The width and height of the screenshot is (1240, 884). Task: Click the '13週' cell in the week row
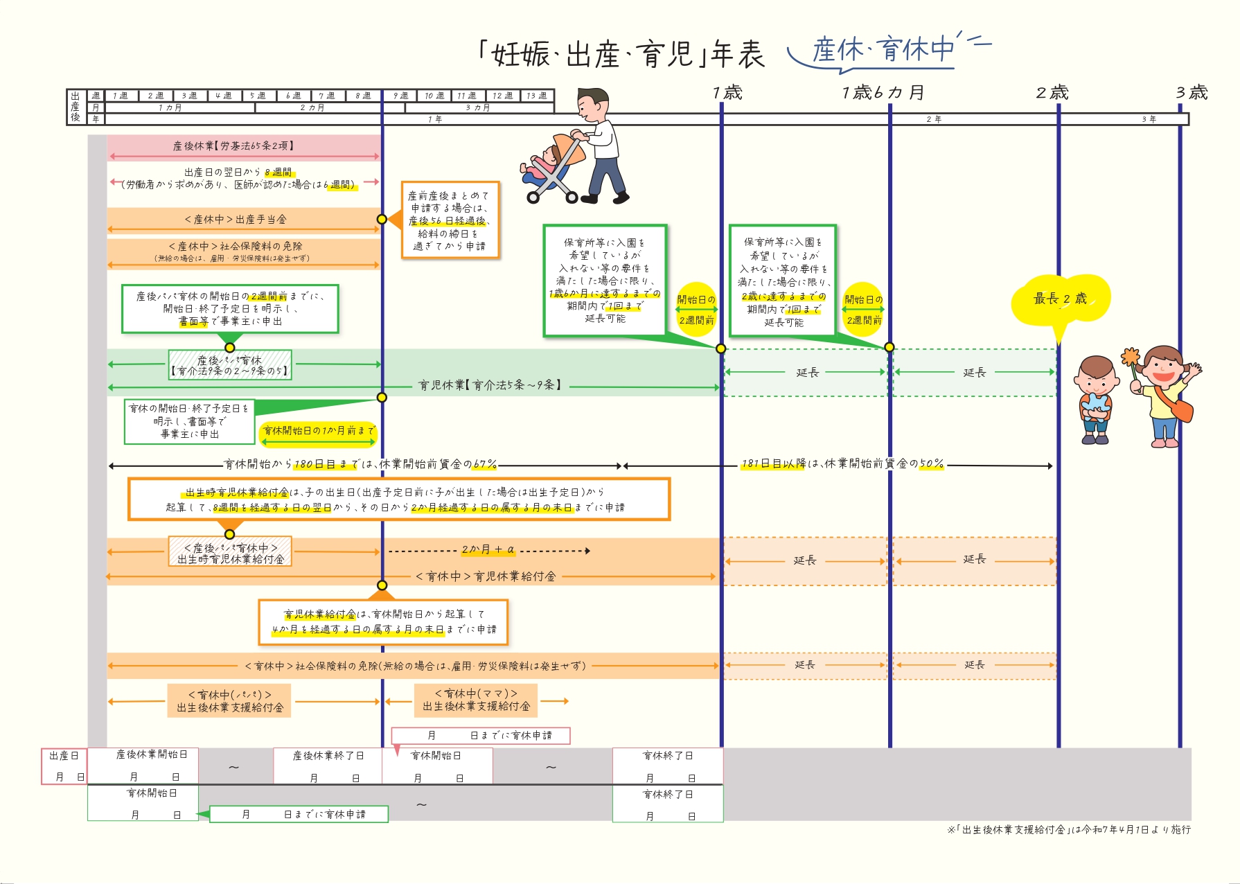click(537, 96)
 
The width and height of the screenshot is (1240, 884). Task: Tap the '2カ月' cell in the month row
click(312, 107)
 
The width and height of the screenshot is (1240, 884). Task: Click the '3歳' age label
click(1192, 92)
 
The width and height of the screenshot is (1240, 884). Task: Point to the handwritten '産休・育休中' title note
click(883, 50)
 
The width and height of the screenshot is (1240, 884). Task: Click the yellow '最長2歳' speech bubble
click(1060, 299)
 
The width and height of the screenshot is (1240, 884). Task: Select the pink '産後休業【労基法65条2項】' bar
click(243, 145)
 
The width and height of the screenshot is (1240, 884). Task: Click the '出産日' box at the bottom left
click(64, 766)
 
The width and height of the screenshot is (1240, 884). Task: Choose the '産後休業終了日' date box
click(328, 766)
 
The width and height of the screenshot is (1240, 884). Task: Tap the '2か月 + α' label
click(488, 549)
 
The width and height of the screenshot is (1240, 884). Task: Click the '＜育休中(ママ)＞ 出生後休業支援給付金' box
click(476, 700)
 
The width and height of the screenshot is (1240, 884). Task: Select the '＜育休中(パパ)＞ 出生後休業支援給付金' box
click(229, 700)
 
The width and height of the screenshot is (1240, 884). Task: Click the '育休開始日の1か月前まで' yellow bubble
click(319, 431)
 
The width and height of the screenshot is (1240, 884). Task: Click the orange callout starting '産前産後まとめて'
click(450, 220)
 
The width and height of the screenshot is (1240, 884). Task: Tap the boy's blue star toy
click(1095, 405)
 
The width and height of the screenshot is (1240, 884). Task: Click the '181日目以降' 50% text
click(842, 463)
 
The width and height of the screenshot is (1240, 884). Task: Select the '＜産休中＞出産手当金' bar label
click(236, 220)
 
